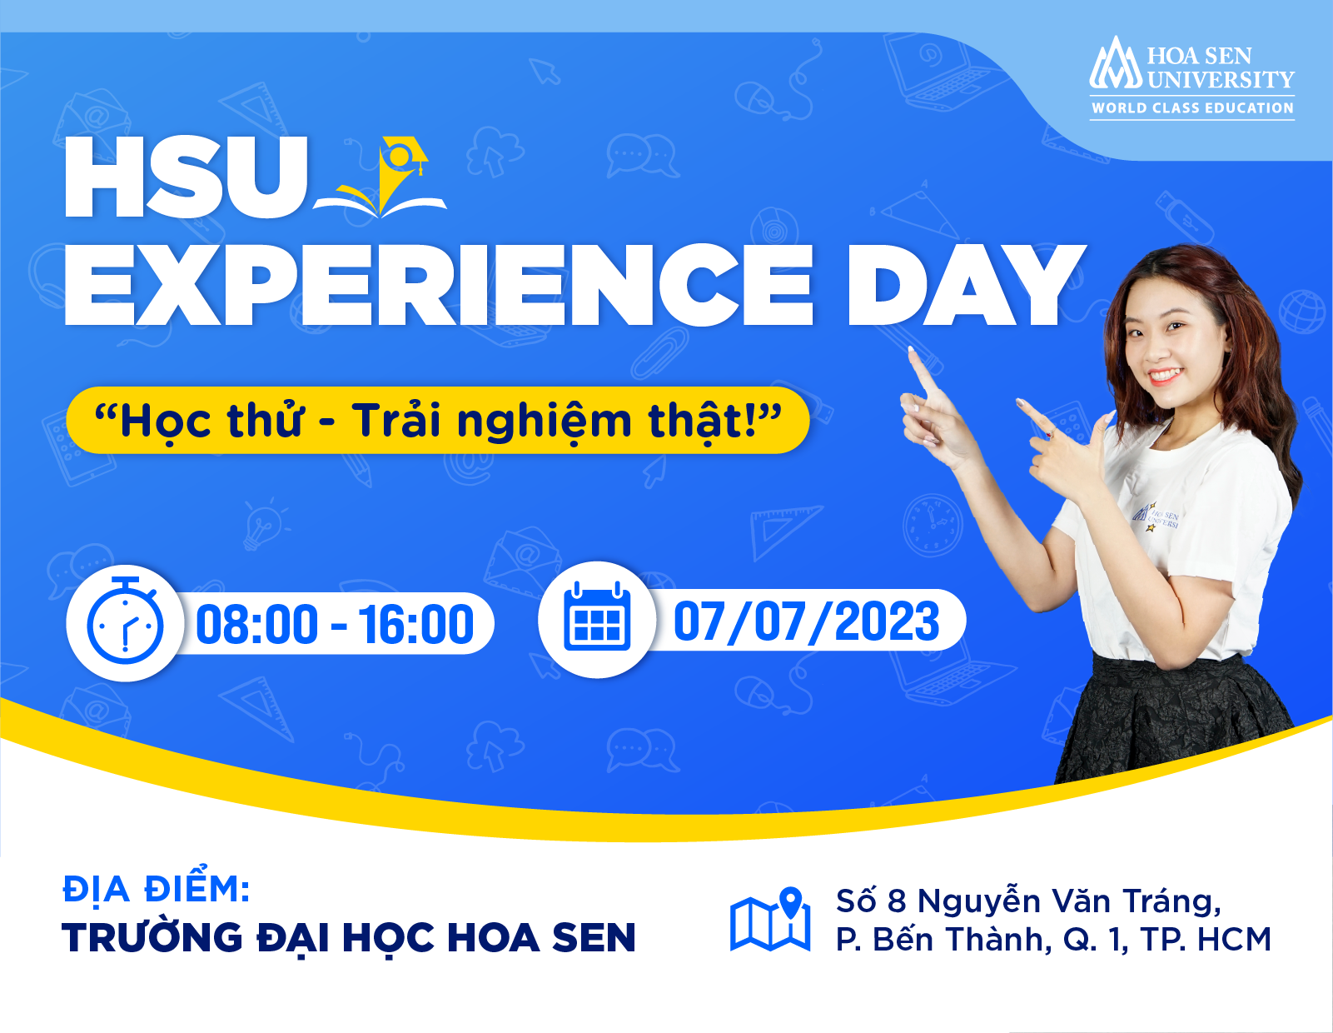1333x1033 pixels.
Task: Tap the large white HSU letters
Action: tap(186, 177)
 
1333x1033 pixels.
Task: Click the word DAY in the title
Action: tap(965, 286)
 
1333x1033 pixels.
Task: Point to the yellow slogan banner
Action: tap(437, 420)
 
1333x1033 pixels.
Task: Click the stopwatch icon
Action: tap(125, 623)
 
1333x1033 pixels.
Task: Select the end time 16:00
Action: tap(416, 625)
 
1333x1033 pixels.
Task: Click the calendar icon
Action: tap(596, 620)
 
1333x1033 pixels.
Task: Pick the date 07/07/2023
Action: tap(806, 621)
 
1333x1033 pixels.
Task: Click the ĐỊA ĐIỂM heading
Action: tap(156, 889)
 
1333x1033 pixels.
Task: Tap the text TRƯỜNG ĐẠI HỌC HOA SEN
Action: tap(349, 938)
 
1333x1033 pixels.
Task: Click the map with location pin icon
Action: tap(770, 920)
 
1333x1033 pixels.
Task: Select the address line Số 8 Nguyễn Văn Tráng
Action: tap(1028, 901)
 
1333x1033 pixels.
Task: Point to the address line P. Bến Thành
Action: tap(1053, 940)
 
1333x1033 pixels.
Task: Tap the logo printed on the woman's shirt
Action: tap(1156, 516)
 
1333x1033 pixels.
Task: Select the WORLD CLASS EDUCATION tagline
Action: tap(1192, 108)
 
